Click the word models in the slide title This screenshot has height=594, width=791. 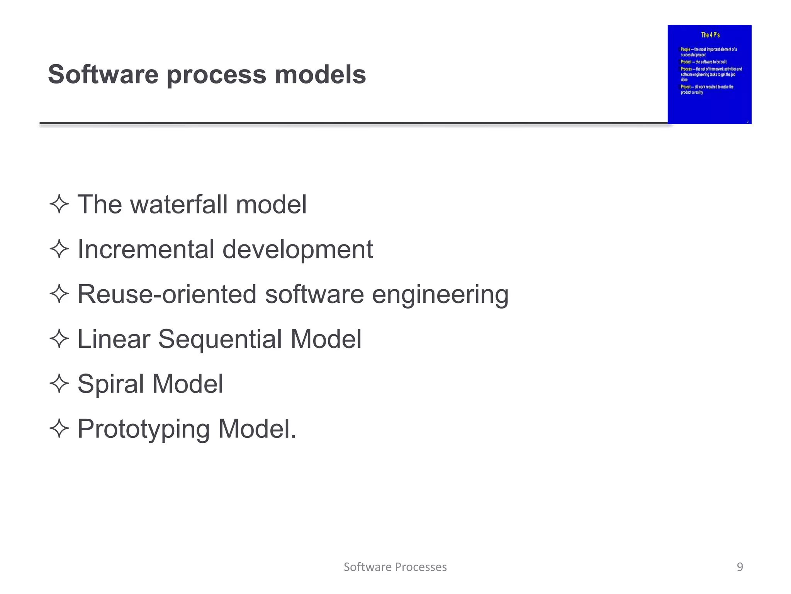tap(320, 74)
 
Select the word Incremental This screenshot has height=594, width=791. tap(146, 249)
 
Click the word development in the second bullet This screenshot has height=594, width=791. tap(298, 250)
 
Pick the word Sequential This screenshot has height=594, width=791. tap(220, 339)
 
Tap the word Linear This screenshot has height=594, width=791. tap(114, 339)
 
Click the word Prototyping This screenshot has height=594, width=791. tap(143, 429)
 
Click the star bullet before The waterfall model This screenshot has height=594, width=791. tap(59, 204)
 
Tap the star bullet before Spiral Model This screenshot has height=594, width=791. tap(59, 384)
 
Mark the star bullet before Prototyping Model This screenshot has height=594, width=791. tap(59, 428)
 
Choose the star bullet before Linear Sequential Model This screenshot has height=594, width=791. tap(59, 339)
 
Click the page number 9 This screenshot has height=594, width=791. tap(740, 567)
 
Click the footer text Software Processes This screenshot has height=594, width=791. tap(395, 567)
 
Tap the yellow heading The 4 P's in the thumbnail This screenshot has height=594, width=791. tap(710, 35)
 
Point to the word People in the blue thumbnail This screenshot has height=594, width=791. tap(685, 49)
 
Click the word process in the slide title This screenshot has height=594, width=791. tap(216, 75)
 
